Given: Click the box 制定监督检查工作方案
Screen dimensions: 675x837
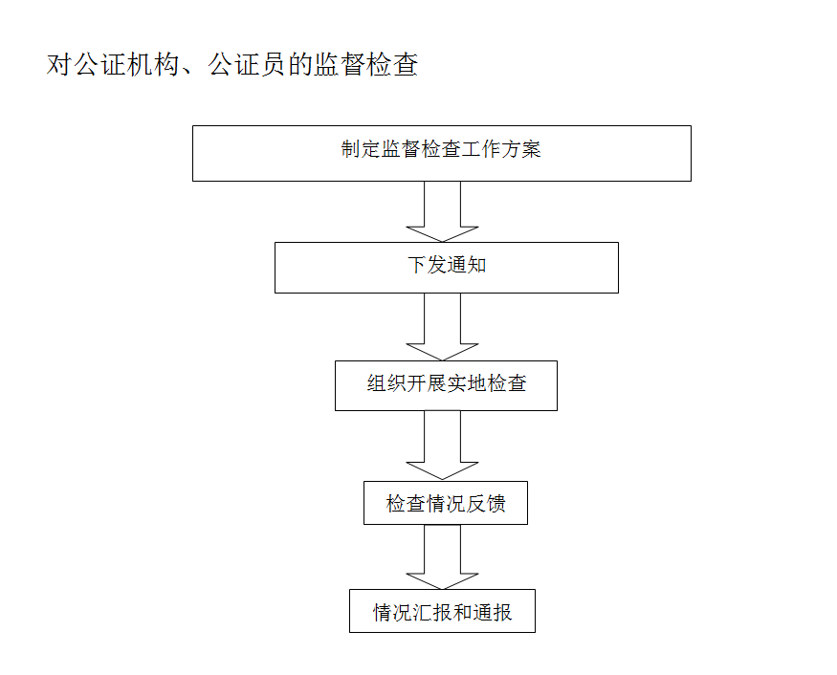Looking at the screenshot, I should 441,153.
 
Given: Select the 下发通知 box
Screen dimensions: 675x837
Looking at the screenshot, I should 446,267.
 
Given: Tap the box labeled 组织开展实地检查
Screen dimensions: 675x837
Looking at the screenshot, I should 446,385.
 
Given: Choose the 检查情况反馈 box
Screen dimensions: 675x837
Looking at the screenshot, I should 446,503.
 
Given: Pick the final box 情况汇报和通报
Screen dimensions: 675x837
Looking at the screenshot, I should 442,612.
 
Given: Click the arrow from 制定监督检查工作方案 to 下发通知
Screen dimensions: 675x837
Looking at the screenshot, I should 442,212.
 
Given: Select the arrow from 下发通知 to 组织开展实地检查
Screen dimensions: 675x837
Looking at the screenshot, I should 442,326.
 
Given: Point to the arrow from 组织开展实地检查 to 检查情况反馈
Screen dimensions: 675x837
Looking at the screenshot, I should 442,445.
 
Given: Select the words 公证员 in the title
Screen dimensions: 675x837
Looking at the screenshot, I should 260,65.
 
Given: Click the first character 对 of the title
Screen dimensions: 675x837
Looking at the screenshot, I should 60,65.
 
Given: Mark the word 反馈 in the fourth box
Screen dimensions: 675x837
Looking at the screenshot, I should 486,503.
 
